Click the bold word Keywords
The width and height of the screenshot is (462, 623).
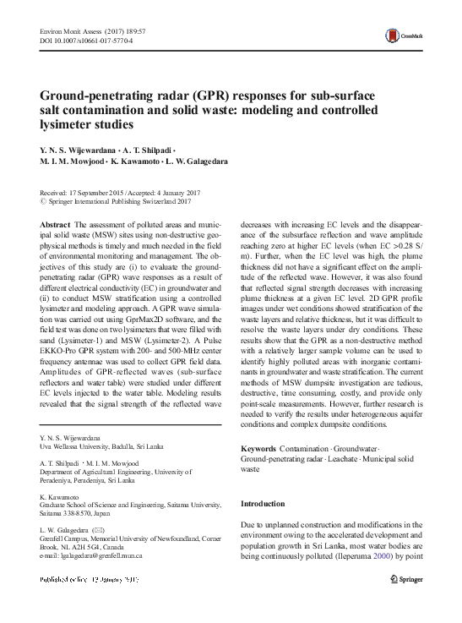click(x=258, y=448)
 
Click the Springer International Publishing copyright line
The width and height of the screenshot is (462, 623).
click(x=117, y=201)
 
